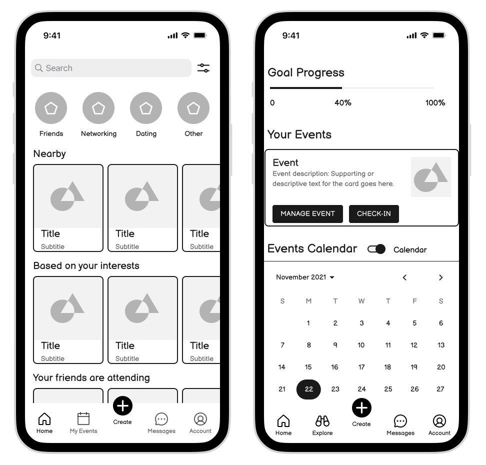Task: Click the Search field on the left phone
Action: (x=111, y=68)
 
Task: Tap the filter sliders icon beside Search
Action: (x=203, y=68)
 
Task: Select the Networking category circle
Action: (x=98, y=108)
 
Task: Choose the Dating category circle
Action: (x=146, y=108)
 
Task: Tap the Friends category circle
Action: (x=51, y=108)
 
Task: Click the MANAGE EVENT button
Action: (x=307, y=213)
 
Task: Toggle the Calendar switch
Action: (x=376, y=249)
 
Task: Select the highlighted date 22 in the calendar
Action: (x=308, y=389)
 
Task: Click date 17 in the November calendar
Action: (x=361, y=367)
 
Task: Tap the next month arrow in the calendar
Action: (x=440, y=277)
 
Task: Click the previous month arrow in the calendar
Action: (x=404, y=277)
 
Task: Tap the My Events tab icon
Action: (x=83, y=418)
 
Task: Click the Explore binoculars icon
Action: (x=322, y=420)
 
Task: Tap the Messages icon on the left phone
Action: (x=161, y=419)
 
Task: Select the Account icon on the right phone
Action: (x=439, y=421)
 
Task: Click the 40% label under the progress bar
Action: (x=343, y=102)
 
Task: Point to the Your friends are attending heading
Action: (x=91, y=377)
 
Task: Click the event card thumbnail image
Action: (x=431, y=177)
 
